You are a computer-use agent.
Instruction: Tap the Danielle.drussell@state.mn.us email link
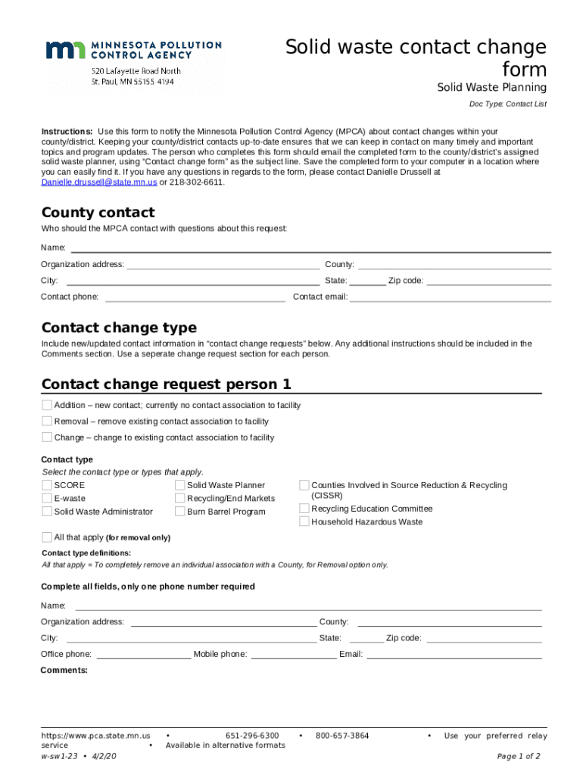pos(99,182)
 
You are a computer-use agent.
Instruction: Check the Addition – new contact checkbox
pos(47,405)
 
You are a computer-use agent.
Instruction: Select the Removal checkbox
pos(47,421)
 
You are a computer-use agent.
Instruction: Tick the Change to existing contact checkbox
pos(47,437)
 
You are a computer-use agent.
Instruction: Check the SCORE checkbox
pos(47,485)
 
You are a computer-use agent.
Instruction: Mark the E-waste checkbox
pos(47,498)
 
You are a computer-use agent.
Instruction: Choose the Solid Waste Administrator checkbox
pos(47,512)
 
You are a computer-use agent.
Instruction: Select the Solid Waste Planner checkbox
pos(180,485)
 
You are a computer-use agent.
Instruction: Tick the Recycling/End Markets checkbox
pos(180,498)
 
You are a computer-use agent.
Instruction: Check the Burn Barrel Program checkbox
pos(180,512)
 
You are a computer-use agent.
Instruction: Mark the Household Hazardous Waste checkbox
pos(304,521)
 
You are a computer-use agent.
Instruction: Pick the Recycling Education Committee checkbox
pos(304,509)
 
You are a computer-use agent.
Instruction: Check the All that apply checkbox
pos(47,537)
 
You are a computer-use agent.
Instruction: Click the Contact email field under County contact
pos(450,297)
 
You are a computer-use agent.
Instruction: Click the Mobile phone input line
pos(293,655)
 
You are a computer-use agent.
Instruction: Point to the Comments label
pos(64,670)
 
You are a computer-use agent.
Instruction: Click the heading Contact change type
pos(119,328)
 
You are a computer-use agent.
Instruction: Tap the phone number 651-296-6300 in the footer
pos(252,736)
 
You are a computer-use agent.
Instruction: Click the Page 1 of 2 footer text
pos(518,756)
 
